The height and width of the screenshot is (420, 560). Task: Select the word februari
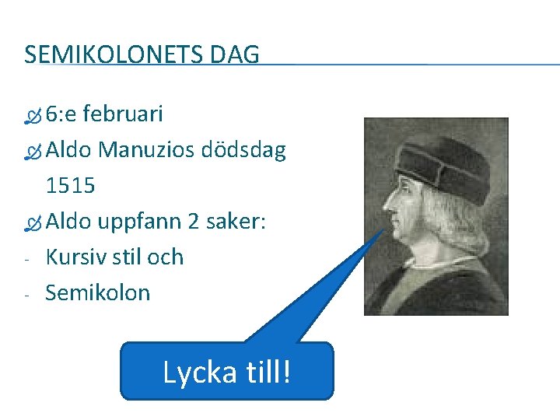tap(123, 114)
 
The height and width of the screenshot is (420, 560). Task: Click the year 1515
tap(70, 186)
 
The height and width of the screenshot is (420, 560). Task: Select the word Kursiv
tap(75, 257)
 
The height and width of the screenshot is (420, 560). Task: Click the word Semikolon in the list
tap(98, 292)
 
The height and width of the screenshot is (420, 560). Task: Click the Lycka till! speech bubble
tap(226, 372)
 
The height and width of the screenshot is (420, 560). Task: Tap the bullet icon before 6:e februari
tap(32, 117)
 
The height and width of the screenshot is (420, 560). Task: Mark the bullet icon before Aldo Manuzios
tap(32, 152)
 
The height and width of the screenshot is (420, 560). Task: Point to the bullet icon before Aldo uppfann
tap(32, 224)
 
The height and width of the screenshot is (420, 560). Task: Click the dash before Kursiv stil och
tap(26, 259)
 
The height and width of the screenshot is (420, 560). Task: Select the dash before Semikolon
tap(26, 295)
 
